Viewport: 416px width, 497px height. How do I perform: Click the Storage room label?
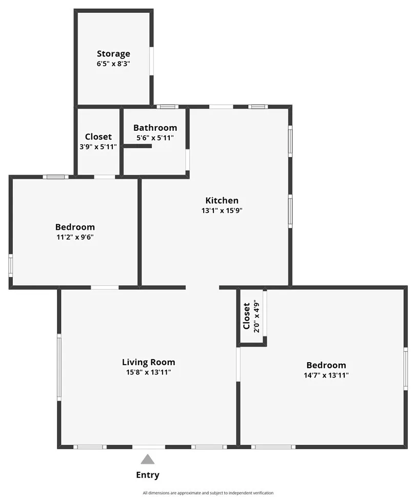point(113,53)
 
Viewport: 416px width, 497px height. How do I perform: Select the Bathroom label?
point(155,128)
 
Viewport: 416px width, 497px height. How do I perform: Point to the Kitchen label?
point(222,201)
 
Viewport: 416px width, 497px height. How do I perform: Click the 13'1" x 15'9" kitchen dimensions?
point(222,210)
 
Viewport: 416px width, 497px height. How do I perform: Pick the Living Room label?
point(148,362)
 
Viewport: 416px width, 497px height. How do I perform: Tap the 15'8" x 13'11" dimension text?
point(148,372)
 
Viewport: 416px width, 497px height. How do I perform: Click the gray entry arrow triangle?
point(148,459)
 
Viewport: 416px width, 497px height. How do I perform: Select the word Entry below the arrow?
point(148,475)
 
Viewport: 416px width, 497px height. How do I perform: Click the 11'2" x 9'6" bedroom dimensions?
point(75,237)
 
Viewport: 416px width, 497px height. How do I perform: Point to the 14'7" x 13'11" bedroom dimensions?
point(326,375)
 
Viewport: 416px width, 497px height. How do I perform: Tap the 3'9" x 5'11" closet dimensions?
point(98,147)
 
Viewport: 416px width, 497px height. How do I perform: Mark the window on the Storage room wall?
point(151,61)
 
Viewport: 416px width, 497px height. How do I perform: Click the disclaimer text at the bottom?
point(208,493)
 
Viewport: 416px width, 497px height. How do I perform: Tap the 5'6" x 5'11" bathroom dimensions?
point(155,138)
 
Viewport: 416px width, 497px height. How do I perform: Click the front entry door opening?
point(149,447)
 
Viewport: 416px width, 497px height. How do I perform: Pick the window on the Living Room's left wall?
point(59,367)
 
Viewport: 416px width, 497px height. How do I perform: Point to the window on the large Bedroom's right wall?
point(405,368)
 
